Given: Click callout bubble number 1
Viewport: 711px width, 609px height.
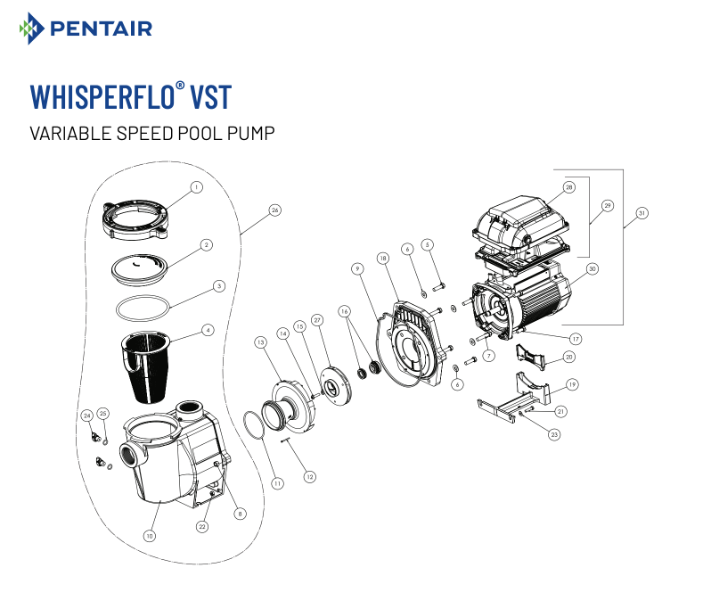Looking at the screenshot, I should click(197, 187).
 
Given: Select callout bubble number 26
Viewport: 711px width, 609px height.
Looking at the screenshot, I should click(274, 210).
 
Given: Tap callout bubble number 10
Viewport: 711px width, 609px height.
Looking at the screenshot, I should click(150, 536).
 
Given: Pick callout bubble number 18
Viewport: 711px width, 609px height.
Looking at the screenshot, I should click(382, 258).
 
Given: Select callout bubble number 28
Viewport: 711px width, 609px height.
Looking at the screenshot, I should click(569, 187).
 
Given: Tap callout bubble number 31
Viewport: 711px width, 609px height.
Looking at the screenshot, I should click(642, 213).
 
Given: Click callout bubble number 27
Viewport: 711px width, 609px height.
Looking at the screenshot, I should click(316, 320).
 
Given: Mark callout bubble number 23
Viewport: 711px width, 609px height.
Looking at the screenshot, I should click(554, 434).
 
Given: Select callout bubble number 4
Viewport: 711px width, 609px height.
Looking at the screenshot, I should click(208, 329).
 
